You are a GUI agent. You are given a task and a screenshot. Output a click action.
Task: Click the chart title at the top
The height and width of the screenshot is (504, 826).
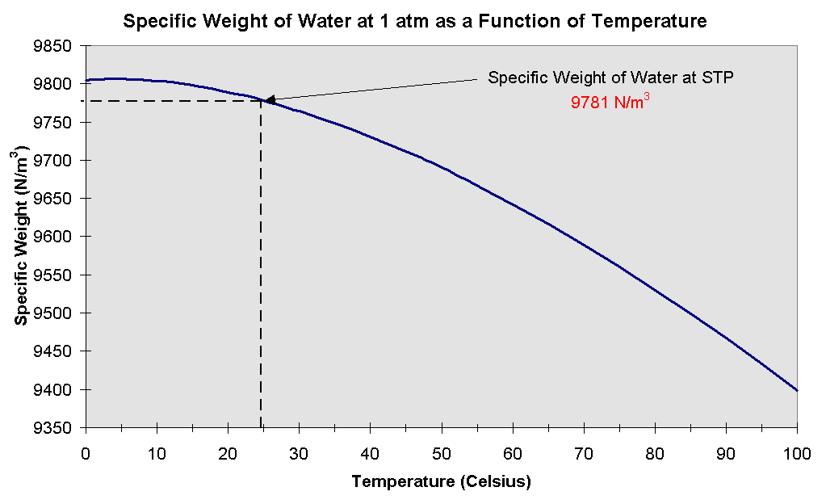[x=414, y=22]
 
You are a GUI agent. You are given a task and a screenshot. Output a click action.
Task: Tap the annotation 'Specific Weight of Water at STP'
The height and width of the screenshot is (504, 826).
[x=610, y=78]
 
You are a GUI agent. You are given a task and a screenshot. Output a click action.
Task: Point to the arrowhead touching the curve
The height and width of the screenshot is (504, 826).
[x=269, y=100]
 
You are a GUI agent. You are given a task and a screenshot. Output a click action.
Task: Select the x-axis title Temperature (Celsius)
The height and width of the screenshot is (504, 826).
[x=441, y=482]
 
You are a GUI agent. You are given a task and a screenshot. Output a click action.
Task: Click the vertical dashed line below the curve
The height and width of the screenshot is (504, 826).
[x=261, y=267]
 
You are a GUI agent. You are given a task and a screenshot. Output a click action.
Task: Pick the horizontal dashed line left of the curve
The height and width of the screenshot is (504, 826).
[x=170, y=101]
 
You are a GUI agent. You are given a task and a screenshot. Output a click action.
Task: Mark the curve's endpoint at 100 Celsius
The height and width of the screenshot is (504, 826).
[x=797, y=390]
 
